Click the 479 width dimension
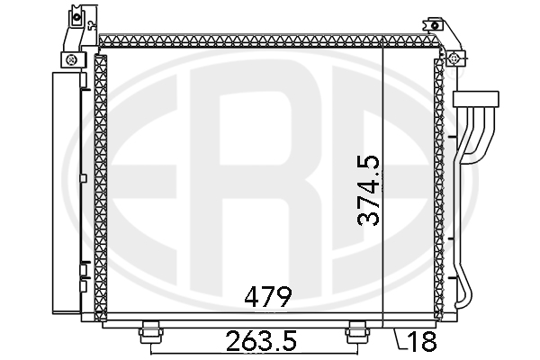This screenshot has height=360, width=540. tap(268, 297)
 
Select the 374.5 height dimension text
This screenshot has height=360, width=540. tap(368, 191)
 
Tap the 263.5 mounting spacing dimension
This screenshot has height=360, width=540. tap(261, 341)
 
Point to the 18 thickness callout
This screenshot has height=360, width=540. tap(422, 342)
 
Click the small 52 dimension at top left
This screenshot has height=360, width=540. tap(92, 26)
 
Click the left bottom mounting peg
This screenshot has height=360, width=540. tap(151, 332)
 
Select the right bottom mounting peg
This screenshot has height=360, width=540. tap(358, 332)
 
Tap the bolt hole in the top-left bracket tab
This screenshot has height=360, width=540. tap(76, 16)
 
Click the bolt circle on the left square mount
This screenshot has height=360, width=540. tap(72, 60)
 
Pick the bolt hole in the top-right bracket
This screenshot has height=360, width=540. tap(435, 25)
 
